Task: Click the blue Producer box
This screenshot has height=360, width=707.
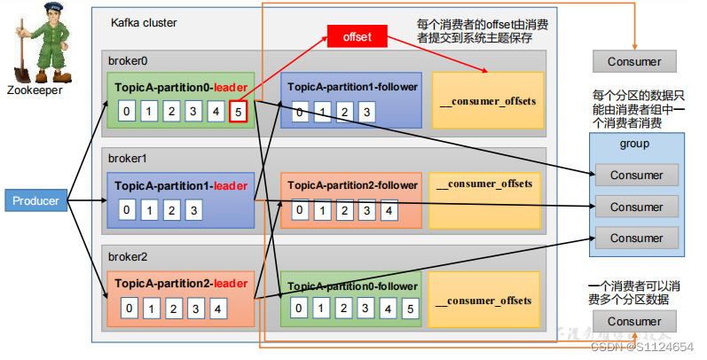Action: pos(35,201)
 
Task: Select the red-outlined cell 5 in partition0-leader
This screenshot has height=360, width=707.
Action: pos(238,112)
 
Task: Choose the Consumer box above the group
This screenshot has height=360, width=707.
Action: pos(635,61)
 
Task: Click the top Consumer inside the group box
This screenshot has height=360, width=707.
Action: pos(636,176)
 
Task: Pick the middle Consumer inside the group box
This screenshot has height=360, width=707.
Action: pos(636,207)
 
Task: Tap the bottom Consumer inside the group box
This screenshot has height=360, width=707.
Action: pos(636,238)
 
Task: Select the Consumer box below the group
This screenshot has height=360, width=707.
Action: pos(635,321)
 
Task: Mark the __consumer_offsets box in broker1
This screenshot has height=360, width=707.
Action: pos(486,184)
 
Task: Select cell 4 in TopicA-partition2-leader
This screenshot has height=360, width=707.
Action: pos(216,309)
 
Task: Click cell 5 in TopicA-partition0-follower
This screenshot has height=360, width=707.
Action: pos(408,309)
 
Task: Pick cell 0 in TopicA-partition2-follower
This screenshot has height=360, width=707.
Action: pos(302,211)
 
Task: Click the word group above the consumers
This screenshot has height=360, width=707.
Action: pos(634,143)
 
